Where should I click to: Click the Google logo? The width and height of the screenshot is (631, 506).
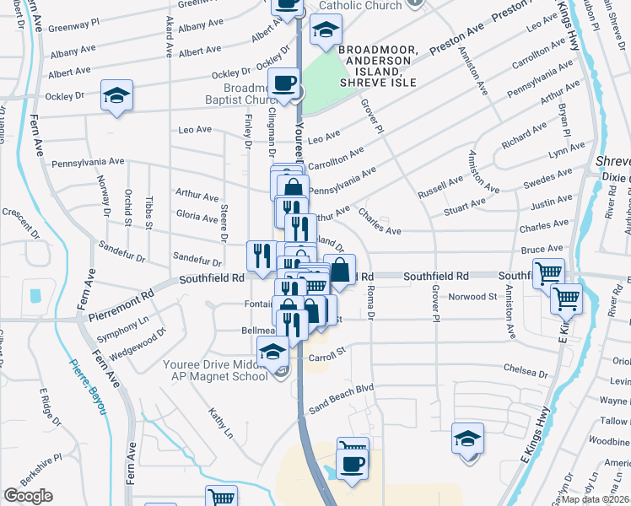[x=28, y=496]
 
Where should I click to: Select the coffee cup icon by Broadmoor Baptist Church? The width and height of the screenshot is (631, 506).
[x=284, y=83]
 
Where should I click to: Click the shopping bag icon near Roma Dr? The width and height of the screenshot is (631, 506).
[x=339, y=270]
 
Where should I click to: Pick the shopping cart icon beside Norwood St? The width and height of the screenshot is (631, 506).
[x=566, y=298]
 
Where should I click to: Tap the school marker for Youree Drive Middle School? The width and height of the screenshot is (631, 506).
[x=272, y=352]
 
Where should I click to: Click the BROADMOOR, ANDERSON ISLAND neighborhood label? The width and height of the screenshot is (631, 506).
[x=378, y=66]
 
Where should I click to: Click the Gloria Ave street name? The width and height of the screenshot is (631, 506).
[x=197, y=217]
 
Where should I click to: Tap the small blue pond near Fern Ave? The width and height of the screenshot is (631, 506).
[x=35, y=296]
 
